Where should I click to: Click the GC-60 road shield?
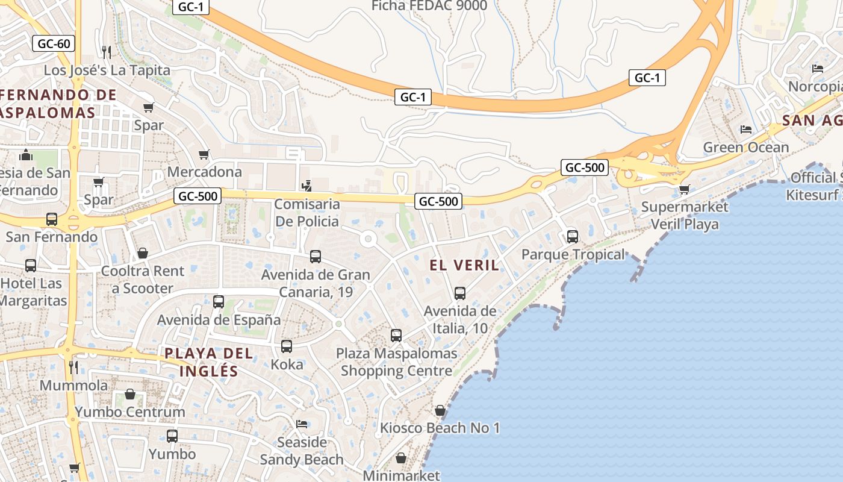pos(54,43)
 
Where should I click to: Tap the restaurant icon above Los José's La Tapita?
pos(107,52)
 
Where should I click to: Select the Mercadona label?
pos(204,172)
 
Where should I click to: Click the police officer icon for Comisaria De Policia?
pos(307,186)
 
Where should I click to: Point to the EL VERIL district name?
pos(464,265)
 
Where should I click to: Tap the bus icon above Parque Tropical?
pos(573,236)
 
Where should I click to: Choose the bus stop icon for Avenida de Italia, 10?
pos(460,293)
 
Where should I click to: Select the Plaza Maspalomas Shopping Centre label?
pos(396,362)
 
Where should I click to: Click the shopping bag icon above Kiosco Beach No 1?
pos(440,410)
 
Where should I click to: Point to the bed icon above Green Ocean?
pos(746,130)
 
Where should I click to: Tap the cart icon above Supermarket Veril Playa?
pos(684,190)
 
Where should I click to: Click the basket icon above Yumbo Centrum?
pos(130,395)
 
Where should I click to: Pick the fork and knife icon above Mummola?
pos(73,367)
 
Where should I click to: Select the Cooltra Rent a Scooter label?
pos(143,280)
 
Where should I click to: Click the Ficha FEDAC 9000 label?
pos(429,6)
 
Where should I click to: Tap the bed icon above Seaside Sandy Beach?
pos(302,424)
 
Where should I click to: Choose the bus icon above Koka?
pos(287,346)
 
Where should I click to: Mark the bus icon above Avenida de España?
pos(219,302)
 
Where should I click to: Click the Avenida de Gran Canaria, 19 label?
pos(316,283)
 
